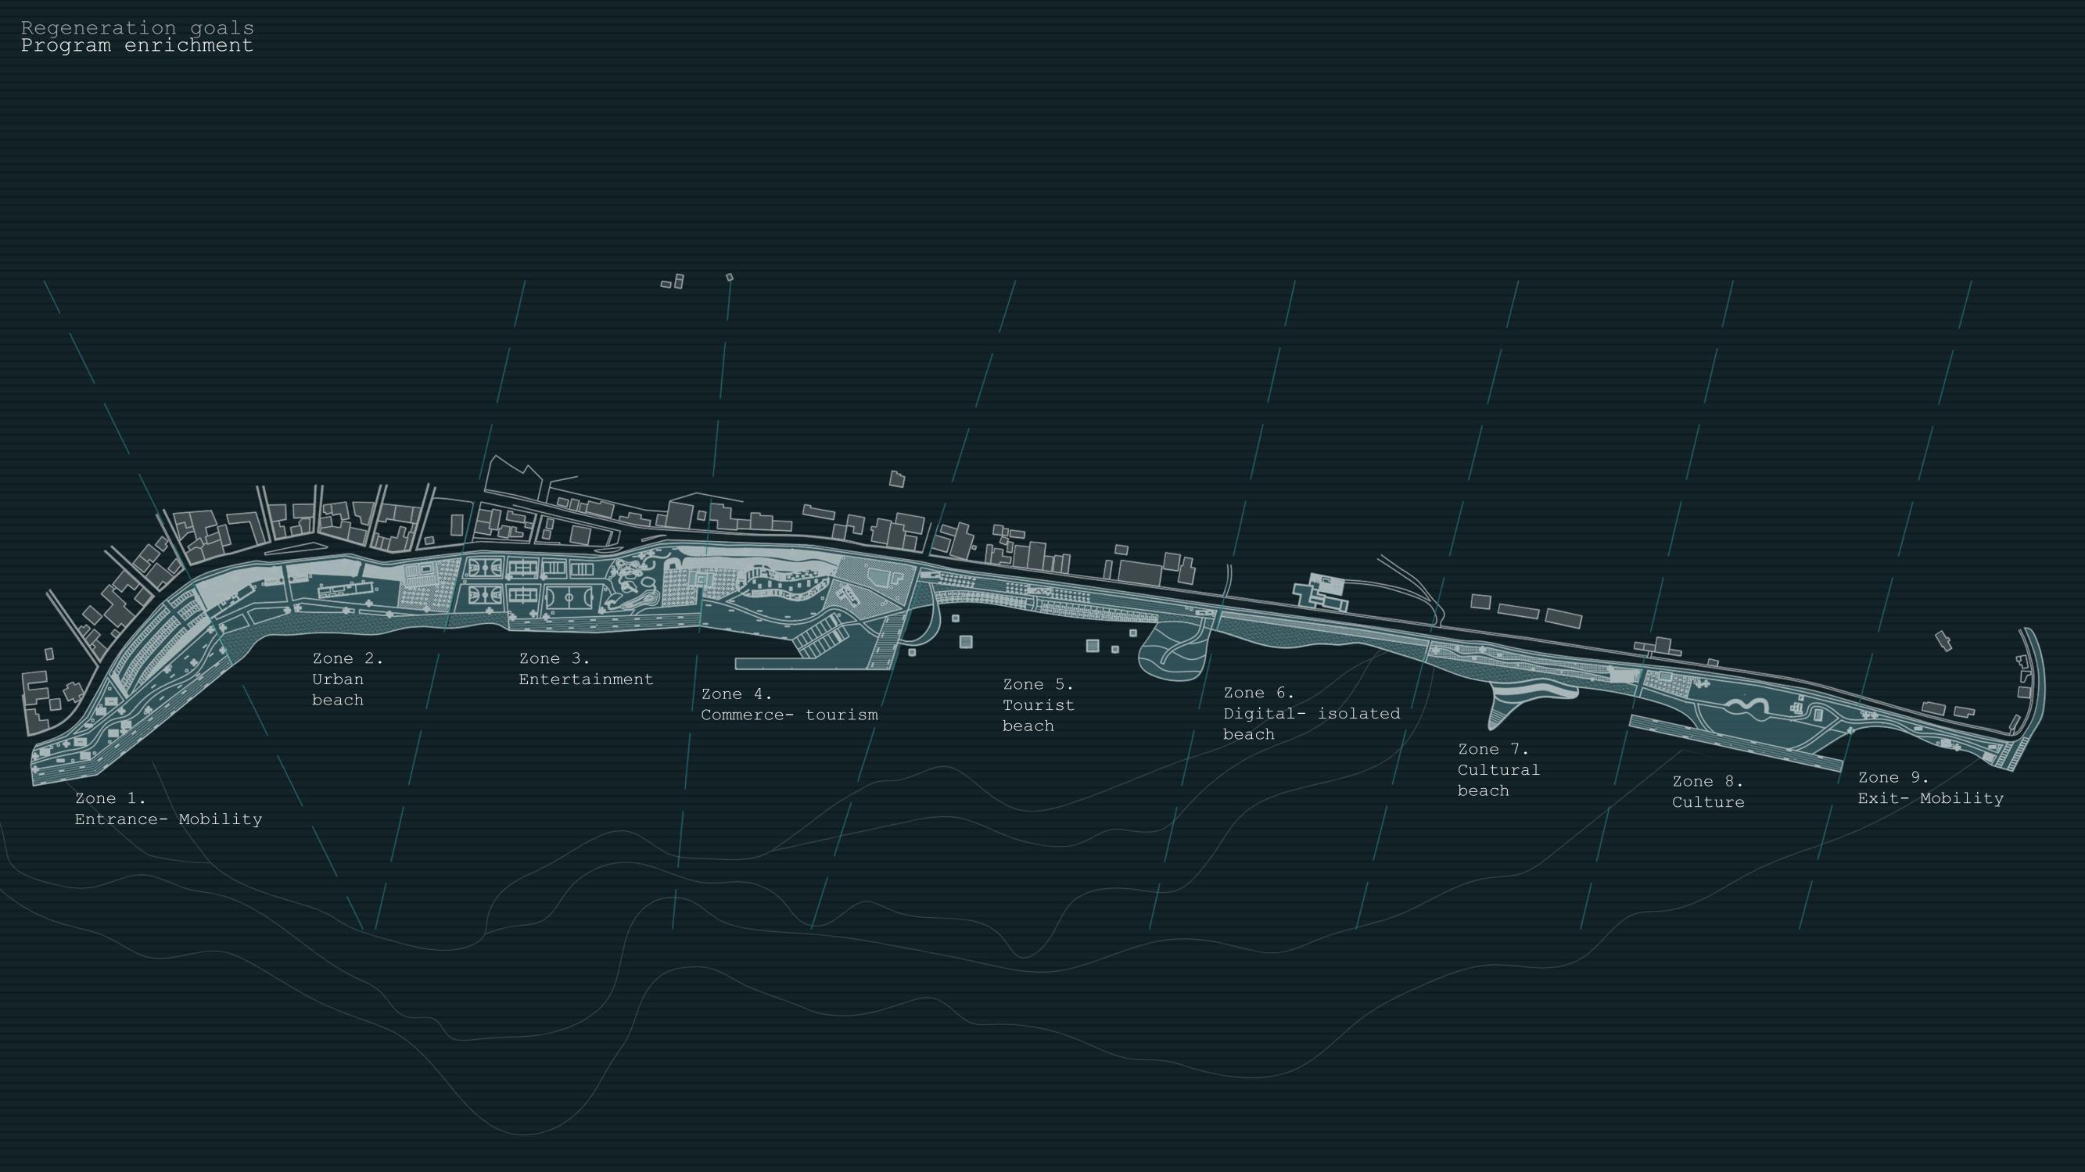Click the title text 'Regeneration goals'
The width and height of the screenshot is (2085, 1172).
pyautogui.click(x=138, y=28)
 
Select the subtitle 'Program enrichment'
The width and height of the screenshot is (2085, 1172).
pyautogui.click(x=138, y=46)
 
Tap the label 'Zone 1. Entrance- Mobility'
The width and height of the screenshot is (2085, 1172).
pyautogui.click(x=168, y=808)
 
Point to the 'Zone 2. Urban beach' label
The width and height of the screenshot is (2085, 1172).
pyautogui.click(x=347, y=679)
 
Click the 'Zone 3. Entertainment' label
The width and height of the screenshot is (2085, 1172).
pyautogui.click(x=585, y=669)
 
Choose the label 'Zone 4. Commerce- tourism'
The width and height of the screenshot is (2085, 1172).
pyautogui.click(x=789, y=704)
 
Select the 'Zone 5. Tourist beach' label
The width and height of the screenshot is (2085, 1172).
pyautogui.click(x=1039, y=705)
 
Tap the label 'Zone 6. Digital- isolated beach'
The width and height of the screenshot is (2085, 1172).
pyautogui.click(x=1312, y=713)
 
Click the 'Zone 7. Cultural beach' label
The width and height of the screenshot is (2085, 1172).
pyautogui.click(x=1498, y=769)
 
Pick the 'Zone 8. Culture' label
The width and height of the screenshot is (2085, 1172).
pyautogui.click(x=1708, y=791)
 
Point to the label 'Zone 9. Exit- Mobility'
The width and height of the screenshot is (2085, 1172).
pyautogui.click(x=1930, y=787)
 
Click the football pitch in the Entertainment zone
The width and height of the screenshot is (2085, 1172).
pyautogui.click(x=570, y=599)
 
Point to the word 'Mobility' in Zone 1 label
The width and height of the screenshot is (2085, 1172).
pyautogui.click(x=221, y=819)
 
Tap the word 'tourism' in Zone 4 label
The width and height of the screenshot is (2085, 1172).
pyautogui.click(x=842, y=715)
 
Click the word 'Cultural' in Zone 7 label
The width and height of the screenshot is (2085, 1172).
pyautogui.click(x=1498, y=769)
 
